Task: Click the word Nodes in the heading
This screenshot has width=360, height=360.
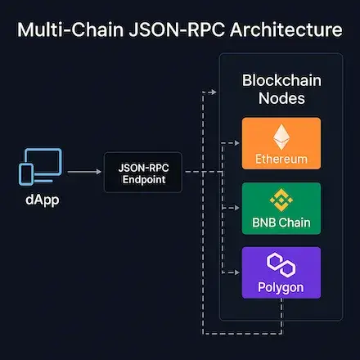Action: pos(281,101)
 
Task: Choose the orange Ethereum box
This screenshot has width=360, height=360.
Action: pos(281,144)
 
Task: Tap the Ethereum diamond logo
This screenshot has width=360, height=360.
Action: pos(281,137)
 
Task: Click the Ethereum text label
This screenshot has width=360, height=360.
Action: pos(281,159)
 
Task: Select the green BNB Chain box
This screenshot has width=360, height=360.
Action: pos(281,207)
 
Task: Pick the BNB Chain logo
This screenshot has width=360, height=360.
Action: pos(281,200)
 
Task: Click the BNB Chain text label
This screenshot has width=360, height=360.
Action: pos(281,222)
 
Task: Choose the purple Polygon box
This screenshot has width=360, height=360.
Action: pos(281,271)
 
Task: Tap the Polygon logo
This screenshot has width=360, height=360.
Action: pos(281,263)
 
